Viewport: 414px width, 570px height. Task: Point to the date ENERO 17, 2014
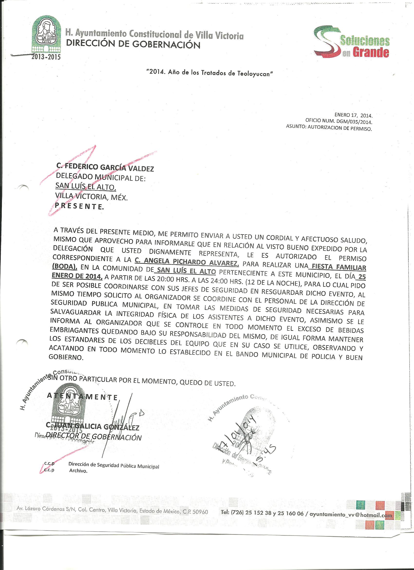(x=353, y=115)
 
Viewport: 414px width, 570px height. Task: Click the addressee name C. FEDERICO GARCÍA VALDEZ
(x=105, y=169)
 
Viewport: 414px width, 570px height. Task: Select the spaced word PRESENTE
(x=79, y=206)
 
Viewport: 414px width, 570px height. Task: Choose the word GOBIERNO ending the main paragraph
(x=66, y=357)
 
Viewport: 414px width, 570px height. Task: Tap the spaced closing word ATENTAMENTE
(x=82, y=397)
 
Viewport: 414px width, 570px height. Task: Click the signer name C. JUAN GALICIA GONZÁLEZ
(x=92, y=426)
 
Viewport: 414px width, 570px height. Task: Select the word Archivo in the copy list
(x=78, y=471)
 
